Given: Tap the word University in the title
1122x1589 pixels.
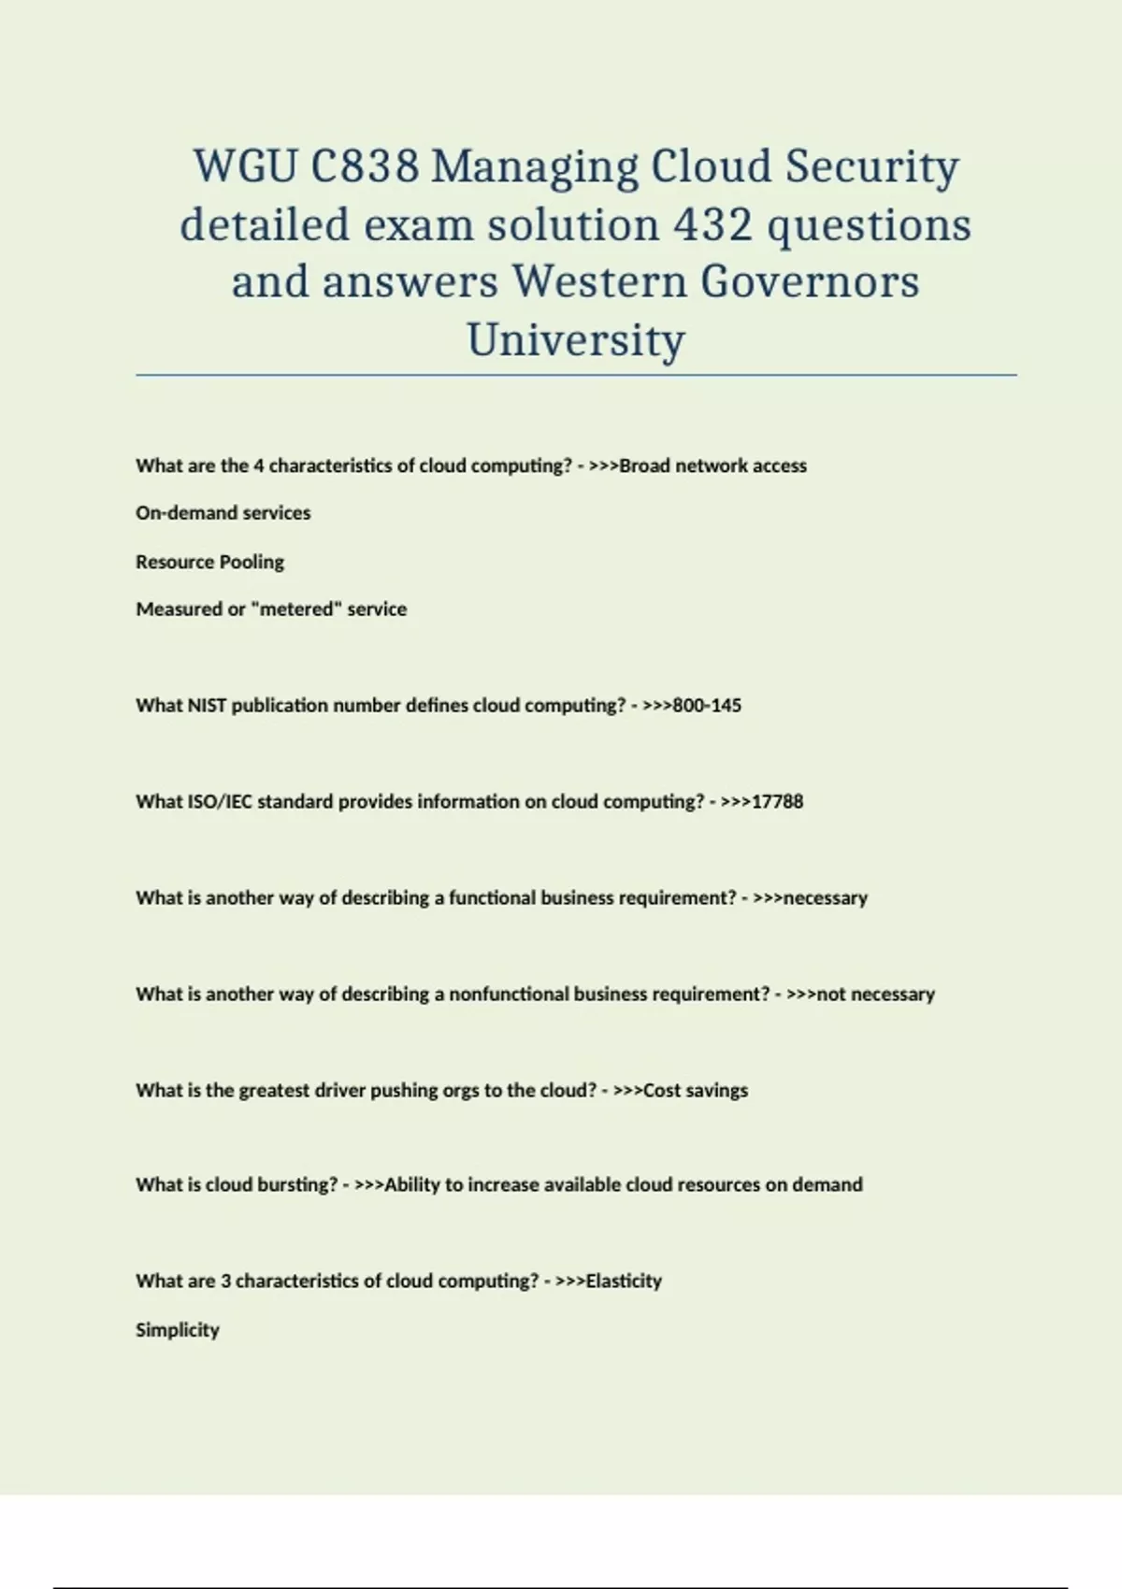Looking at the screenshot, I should pos(576,339).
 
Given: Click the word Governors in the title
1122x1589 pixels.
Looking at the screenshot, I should pos(810,281).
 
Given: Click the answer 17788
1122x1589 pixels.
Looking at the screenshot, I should pos(777,802).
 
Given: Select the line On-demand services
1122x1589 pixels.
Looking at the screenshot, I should pos(223,513).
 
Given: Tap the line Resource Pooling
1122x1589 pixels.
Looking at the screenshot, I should pos(209,562).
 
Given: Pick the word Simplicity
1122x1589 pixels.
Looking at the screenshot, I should pos(178,1330).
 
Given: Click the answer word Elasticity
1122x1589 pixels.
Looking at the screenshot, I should pos(623,1281).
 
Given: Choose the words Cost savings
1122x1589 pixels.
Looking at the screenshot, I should pos(696,1091).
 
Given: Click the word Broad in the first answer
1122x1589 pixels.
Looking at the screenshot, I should pos(644,466).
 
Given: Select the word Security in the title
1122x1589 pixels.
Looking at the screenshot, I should pos(871,167).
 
